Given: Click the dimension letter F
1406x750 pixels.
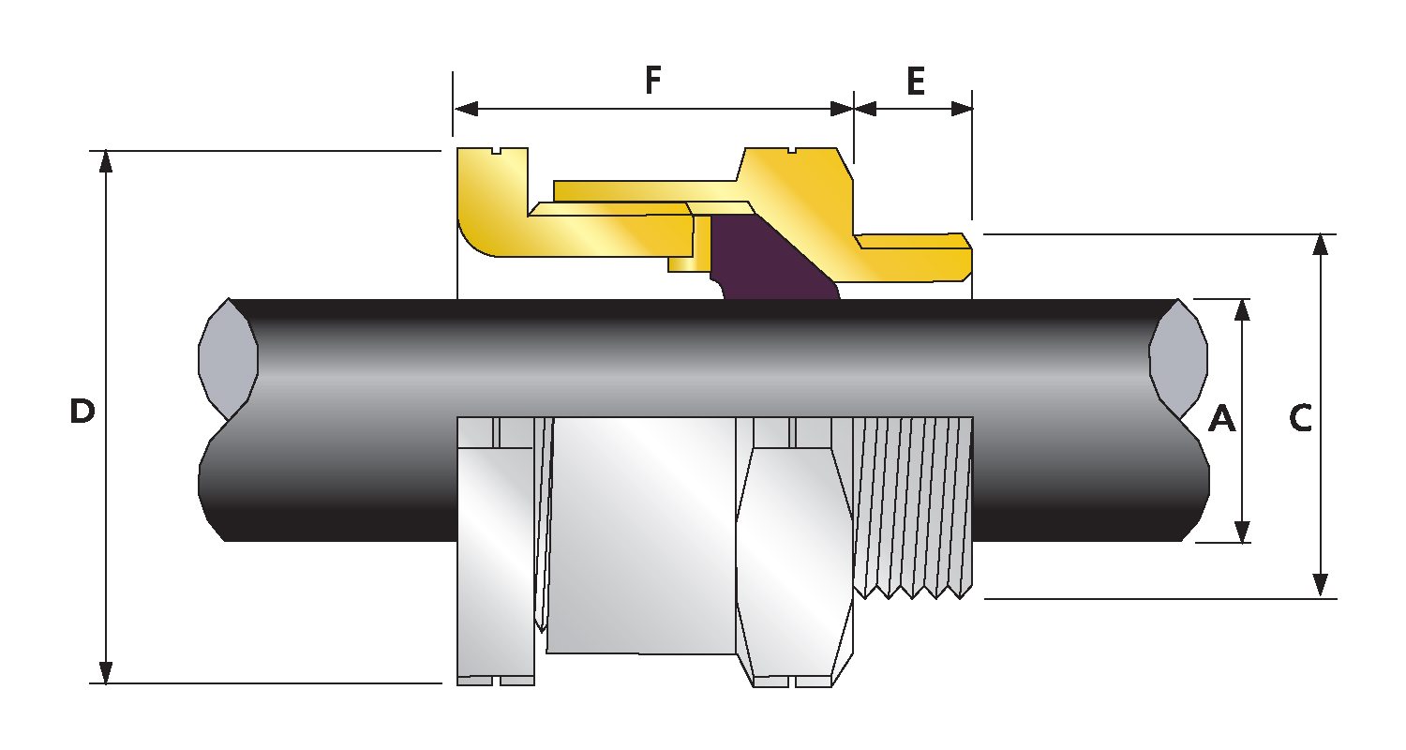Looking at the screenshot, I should pyautogui.click(x=653, y=82).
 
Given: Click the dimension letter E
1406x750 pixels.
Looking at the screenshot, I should pyautogui.click(x=915, y=82).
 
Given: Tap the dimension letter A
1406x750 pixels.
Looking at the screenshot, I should pyautogui.click(x=1221, y=419).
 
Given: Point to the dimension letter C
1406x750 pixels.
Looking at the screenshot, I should pyautogui.click(x=1299, y=419).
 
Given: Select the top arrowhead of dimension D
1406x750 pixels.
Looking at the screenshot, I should pyautogui.click(x=106, y=161).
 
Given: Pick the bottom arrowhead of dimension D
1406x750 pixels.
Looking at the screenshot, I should pyautogui.click(x=106, y=672).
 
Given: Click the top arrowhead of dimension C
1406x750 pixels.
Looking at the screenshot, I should pyautogui.click(x=1320, y=245).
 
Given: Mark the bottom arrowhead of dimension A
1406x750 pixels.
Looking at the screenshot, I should pyautogui.click(x=1243, y=532).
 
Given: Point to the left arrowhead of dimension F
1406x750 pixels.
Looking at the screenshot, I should pyautogui.click(x=466, y=108).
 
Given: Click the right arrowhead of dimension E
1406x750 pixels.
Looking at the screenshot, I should pyautogui.click(x=961, y=108).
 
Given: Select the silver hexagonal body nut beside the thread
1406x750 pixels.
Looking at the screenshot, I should pyautogui.click(x=793, y=553).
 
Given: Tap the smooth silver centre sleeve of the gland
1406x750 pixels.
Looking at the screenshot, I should pyautogui.click(x=642, y=534).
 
